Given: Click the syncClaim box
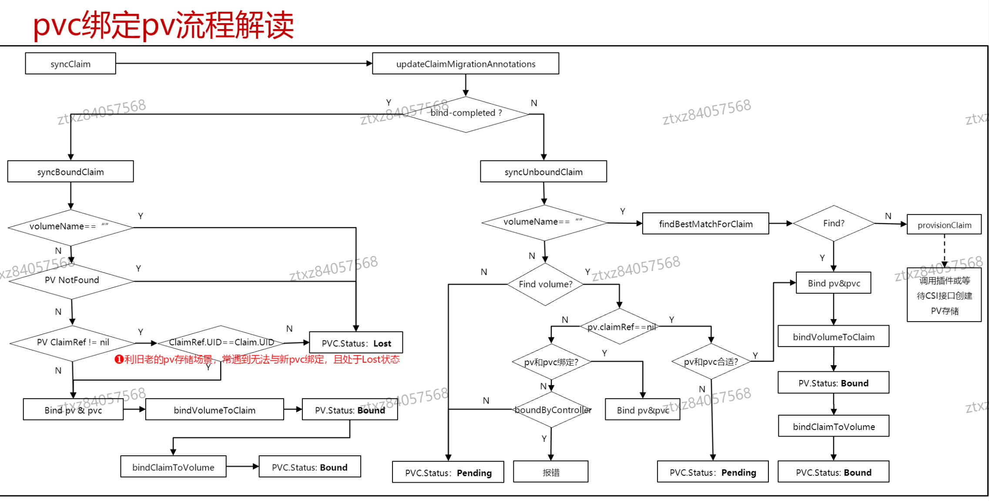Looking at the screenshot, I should [70, 64].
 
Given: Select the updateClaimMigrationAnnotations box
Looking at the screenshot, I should [466, 64].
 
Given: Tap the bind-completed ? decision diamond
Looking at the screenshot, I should [466, 114].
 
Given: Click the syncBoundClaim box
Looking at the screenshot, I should [70, 171].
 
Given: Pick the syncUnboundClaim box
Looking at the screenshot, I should [543, 171].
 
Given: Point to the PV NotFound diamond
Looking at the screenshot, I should [72, 281].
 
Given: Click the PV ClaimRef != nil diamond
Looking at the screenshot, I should [73, 343].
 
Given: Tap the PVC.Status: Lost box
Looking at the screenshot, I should [356, 343].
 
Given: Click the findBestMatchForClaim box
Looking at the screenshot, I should [705, 224].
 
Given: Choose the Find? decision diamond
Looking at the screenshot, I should [834, 223].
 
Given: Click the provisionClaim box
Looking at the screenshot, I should [944, 225].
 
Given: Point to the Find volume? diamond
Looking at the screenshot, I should [545, 284].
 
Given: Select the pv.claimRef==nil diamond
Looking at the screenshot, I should [620, 326].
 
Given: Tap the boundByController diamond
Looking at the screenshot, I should [552, 410].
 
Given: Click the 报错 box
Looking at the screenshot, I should [551, 472].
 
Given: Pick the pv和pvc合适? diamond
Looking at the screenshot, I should [711, 361].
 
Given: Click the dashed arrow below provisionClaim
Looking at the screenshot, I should [944, 251].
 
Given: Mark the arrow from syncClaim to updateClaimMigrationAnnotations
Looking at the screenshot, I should [244, 64].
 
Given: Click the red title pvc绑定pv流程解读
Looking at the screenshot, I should [164, 25].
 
